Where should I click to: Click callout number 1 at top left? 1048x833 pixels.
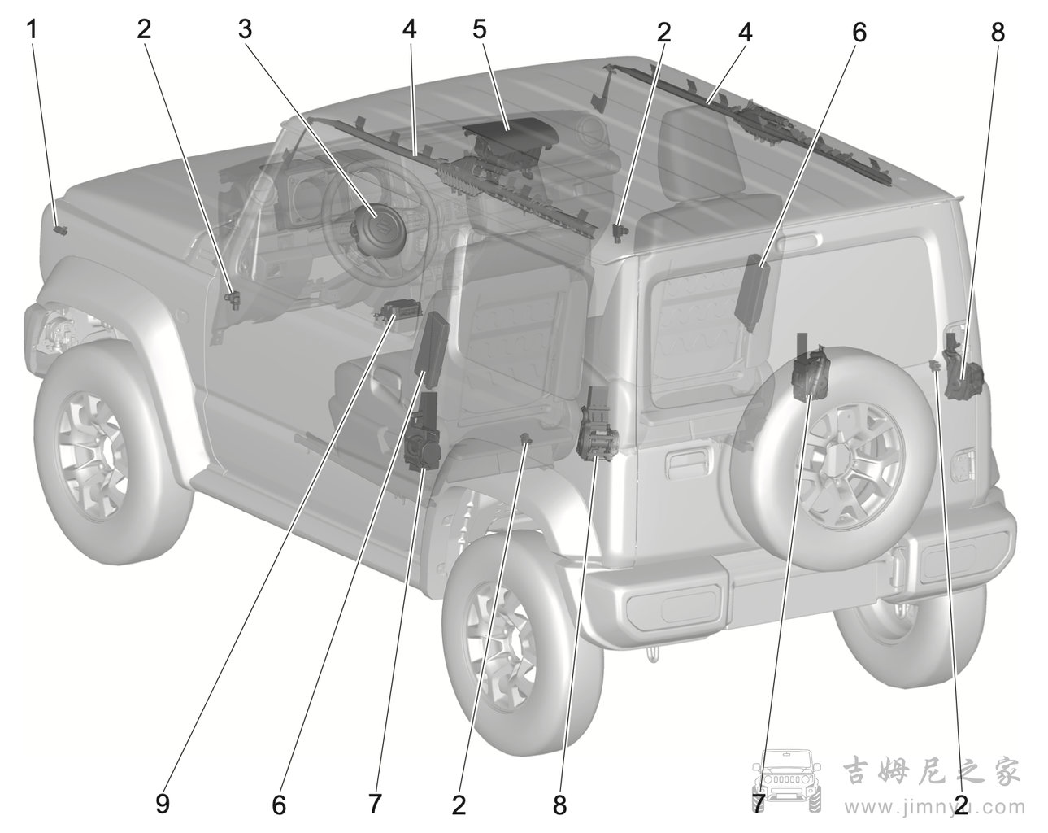click(33, 30)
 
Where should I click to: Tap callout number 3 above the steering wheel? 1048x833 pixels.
click(245, 29)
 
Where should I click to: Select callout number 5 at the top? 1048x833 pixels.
click(479, 29)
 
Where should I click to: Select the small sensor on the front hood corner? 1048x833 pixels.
click(60, 229)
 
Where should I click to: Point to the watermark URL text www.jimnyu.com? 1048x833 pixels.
click(934, 808)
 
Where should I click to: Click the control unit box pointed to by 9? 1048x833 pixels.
click(398, 310)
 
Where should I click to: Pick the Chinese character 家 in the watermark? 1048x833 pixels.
click(1002, 771)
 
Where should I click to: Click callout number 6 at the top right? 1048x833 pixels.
click(859, 33)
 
